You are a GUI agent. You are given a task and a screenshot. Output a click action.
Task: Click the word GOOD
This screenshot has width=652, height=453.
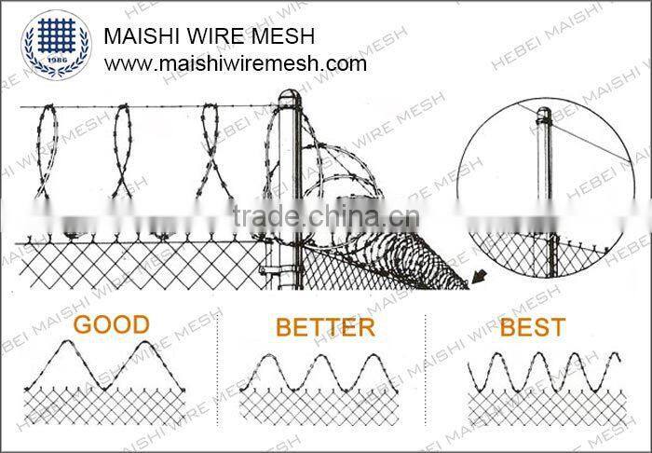[x=111, y=324]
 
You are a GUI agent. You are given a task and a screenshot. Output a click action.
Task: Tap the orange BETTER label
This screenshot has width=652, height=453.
[x=325, y=327]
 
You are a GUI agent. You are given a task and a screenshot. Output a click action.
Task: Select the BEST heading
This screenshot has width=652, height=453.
[x=532, y=327]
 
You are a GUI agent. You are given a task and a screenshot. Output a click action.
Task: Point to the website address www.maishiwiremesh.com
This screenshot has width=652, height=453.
[x=235, y=63]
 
